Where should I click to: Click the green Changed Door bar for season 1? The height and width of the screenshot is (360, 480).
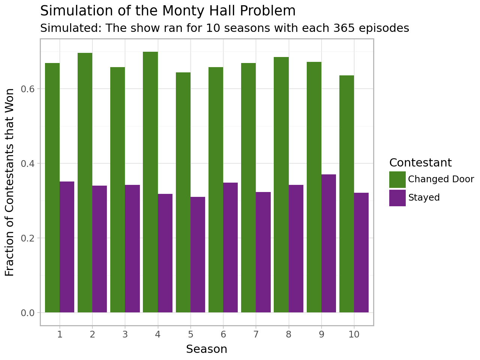click(x=52, y=187)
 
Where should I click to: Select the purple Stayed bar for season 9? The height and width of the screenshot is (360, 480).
click(x=328, y=243)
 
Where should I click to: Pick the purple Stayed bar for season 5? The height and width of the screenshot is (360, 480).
click(x=198, y=255)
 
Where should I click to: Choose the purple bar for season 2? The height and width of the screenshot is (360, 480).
click(x=99, y=249)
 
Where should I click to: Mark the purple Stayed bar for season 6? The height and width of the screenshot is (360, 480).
click(x=230, y=247)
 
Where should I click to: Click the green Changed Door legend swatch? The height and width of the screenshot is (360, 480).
click(x=397, y=179)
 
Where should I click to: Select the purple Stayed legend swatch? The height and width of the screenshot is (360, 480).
click(x=397, y=198)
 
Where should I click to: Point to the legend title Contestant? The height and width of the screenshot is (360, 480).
click(x=420, y=163)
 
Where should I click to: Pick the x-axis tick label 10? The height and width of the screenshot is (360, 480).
click(x=354, y=334)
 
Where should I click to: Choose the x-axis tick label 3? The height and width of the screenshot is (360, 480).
click(x=125, y=334)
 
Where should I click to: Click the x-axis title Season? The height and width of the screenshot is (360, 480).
click(x=207, y=349)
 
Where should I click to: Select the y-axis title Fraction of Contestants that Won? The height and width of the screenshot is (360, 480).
click(x=10, y=182)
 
